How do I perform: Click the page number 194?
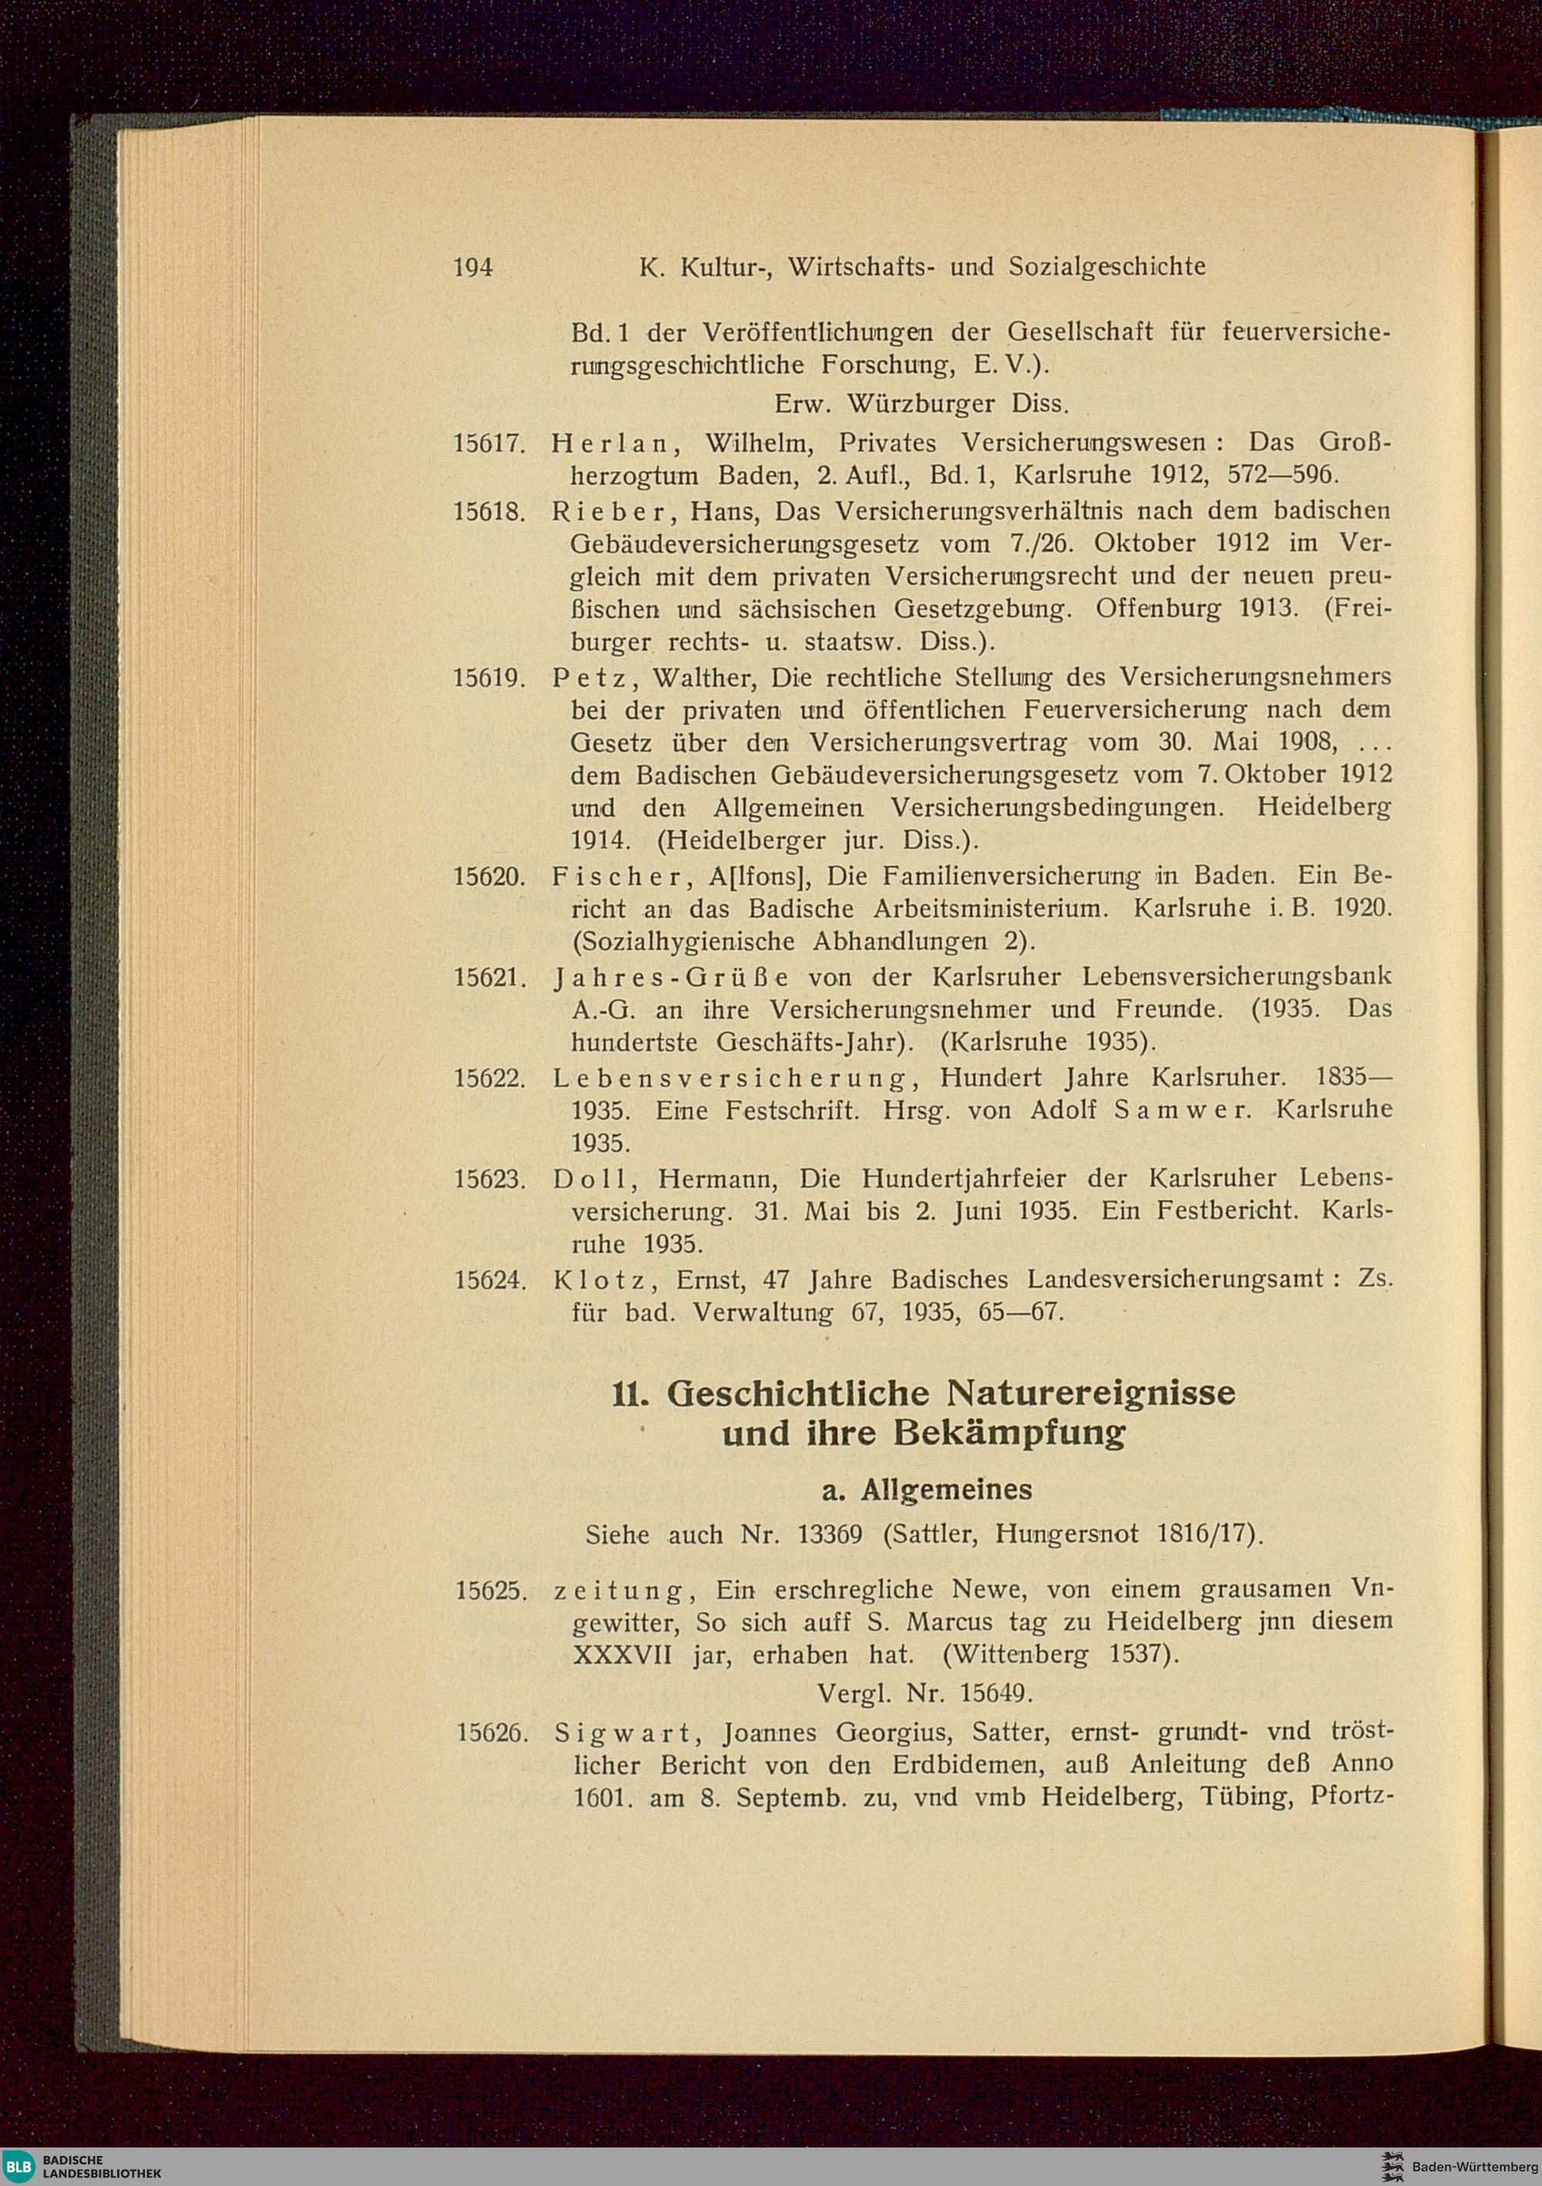click(x=473, y=267)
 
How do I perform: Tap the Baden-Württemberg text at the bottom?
click(x=1476, y=2165)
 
